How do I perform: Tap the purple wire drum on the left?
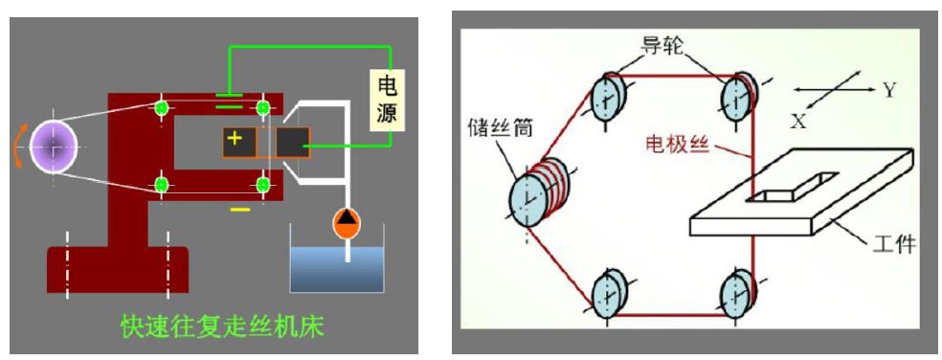tap(54, 147)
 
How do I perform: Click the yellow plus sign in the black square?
tap(236, 141)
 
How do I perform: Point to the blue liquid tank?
tap(336, 265)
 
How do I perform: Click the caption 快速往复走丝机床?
tap(221, 327)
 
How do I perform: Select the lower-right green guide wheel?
tap(260, 183)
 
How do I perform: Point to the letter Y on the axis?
tap(888, 89)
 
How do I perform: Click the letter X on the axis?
tap(798, 122)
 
